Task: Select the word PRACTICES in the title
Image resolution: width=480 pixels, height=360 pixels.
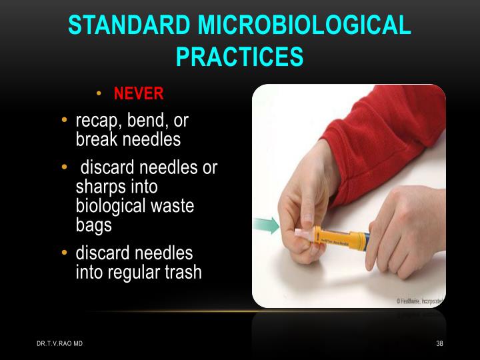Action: click(x=239, y=57)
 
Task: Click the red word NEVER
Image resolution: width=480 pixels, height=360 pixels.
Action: click(x=139, y=93)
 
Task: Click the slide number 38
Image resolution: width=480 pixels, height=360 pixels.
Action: click(x=439, y=343)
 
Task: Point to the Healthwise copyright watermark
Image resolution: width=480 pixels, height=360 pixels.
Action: click(x=420, y=301)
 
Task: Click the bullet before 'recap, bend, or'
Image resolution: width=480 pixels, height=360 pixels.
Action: click(x=65, y=121)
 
